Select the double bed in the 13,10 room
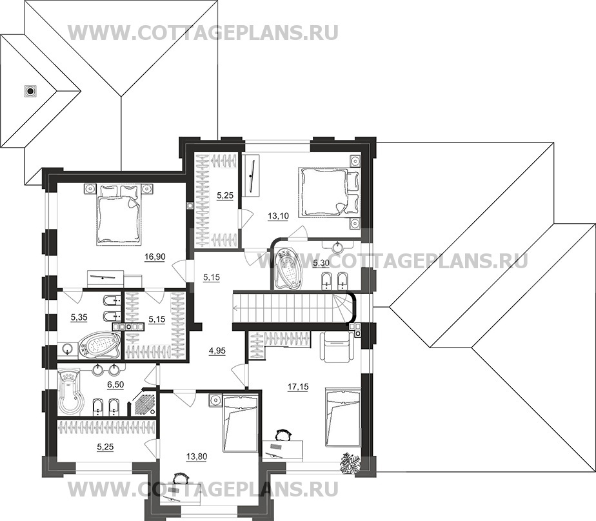click(x=323, y=190)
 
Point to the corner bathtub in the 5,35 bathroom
click(x=99, y=345)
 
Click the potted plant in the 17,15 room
click(x=351, y=462)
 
